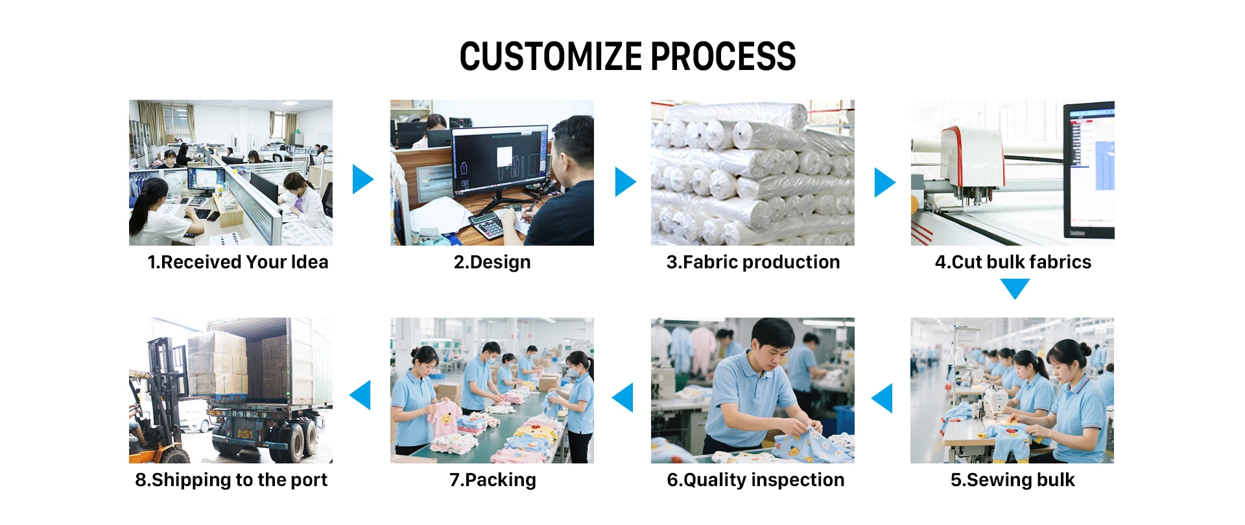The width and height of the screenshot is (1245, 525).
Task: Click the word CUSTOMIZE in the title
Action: [x=551, y=56]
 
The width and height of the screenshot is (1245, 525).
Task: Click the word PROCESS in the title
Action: [x=723, y=56]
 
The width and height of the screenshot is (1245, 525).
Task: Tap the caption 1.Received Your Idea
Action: [x=237, y=262]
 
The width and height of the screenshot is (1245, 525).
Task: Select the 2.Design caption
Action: [x=492, y=262]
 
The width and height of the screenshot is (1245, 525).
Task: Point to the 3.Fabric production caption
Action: [x=753, y=262]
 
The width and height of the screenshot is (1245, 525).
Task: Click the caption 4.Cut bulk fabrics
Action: [x=1013, y=262]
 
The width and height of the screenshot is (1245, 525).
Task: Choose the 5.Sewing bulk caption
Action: [x=1012, y=480]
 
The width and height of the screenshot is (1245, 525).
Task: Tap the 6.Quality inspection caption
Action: [x=755, y=480]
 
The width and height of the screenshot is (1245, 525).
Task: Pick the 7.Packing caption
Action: [x=492, y=480]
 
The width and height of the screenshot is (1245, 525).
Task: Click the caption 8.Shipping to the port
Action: [x=231, y=480]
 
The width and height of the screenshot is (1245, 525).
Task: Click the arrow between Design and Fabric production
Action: [x=624, y=181]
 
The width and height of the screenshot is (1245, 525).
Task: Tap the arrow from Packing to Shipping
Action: [x=361, y=395]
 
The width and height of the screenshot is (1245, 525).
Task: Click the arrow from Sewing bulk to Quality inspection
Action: [x=883, y=398]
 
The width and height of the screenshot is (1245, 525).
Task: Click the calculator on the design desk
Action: [x=487, y=226]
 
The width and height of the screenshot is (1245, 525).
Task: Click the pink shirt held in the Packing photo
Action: [x=444, y=417]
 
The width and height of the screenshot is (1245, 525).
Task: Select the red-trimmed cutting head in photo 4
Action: [x=971, y=162]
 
